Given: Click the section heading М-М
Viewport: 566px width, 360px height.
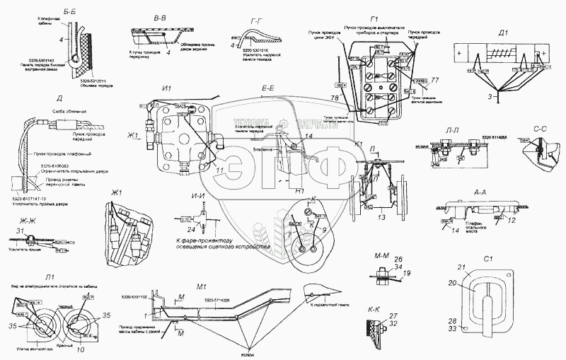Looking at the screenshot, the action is pyautogui.click(x=377, y=254).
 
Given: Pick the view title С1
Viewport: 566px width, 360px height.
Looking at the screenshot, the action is pyautogui.click(x=485, y=257).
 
